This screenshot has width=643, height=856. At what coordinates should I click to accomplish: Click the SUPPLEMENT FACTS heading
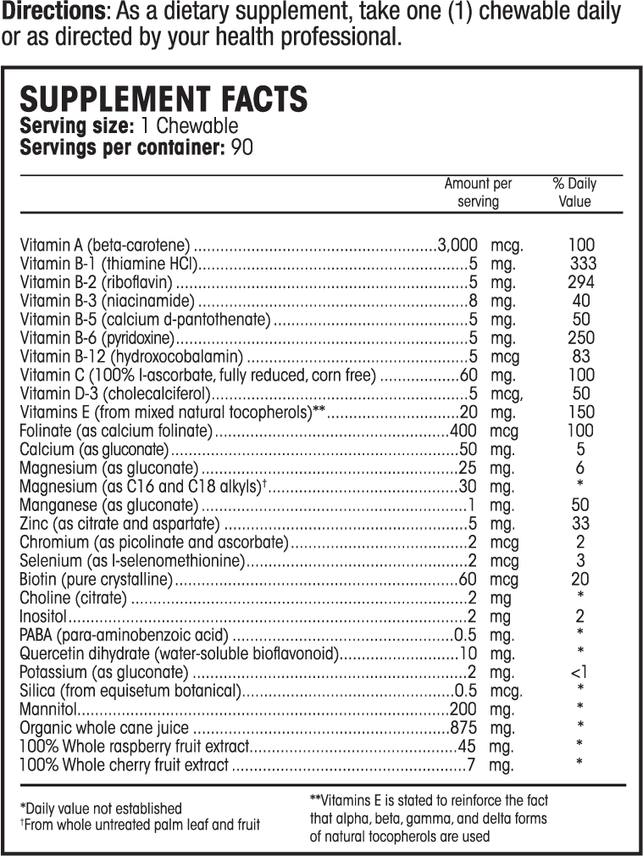[x=164, y=99]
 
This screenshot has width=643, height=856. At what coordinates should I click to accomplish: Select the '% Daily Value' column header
[x=574, y=192]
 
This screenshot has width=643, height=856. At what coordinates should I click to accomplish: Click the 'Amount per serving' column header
[x=478, y=192]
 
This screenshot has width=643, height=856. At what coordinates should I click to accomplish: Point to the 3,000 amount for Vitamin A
[x=457, y=245]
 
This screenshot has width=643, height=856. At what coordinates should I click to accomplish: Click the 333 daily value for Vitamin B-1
[x=584, y=264]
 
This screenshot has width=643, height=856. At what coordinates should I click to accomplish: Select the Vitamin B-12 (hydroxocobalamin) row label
[x=131, y=357]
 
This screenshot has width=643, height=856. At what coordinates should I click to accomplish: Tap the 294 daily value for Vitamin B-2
[x=581, y=282]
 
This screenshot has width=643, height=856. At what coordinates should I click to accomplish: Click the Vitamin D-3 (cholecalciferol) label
[x=114, y=394]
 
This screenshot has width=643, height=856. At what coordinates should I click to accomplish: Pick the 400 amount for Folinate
[x=463, y=431]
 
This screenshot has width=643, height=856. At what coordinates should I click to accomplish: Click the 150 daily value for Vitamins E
[x=581, y=413]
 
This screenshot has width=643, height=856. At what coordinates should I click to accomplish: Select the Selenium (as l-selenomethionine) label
[x=132, y=562]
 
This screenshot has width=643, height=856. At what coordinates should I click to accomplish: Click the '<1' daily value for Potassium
[x=580, y=673]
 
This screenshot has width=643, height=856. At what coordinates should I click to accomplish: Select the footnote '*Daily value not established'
[x=101, y=809]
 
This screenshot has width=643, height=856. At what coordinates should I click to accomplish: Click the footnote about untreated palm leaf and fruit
[x=140, y=825]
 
